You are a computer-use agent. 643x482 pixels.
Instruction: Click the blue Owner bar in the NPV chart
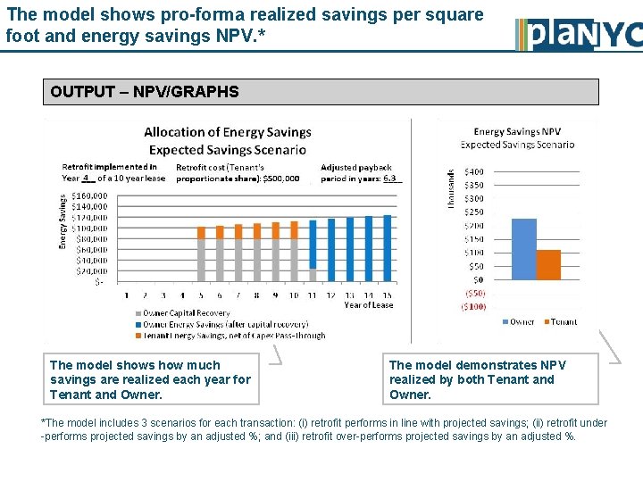coord(523,249)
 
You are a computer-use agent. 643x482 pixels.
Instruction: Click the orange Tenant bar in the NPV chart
coord(548,264)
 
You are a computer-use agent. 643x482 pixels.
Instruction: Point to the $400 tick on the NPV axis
coord(473,171)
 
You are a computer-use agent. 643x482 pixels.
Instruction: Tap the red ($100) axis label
coord(473,306)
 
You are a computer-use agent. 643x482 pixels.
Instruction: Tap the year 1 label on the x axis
coord(126,295)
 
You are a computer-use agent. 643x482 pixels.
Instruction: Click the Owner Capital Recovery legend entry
coord(182,313)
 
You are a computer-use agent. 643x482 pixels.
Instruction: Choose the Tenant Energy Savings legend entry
coord(233,336)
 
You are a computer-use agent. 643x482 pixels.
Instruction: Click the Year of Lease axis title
coord(369,305)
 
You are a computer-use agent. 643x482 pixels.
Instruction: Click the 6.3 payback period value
coord(390,178)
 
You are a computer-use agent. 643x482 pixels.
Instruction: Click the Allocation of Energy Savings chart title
coord(227,132)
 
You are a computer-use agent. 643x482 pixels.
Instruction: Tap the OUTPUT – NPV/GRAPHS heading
coord(145,91)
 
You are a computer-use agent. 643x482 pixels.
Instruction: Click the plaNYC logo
coord(579,34)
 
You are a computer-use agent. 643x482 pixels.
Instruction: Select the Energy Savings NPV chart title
coord(517,132)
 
